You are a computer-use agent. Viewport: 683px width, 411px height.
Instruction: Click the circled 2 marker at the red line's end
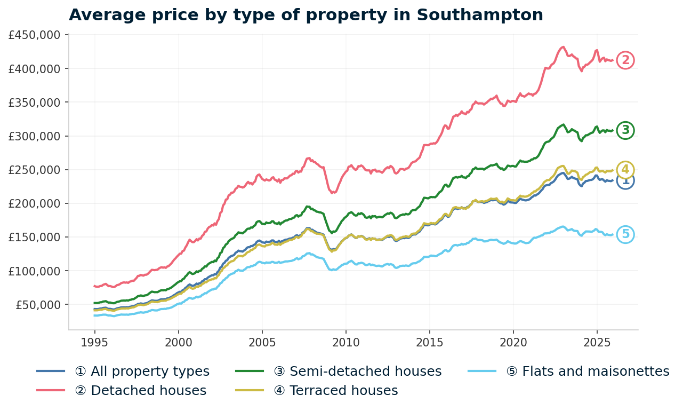[x=625, y=60]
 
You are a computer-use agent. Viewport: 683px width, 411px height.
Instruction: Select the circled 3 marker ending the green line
[x=625, y=130]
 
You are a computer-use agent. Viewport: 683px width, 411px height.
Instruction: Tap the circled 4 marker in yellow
[x=625, y=170]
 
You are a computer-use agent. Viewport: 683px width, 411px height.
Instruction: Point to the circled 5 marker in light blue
[x=625, y=234]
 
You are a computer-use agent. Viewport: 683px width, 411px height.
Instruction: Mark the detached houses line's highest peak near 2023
[x=563, y=47]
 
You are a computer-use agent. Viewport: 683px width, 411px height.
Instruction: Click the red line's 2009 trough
[x=333, y=193]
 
